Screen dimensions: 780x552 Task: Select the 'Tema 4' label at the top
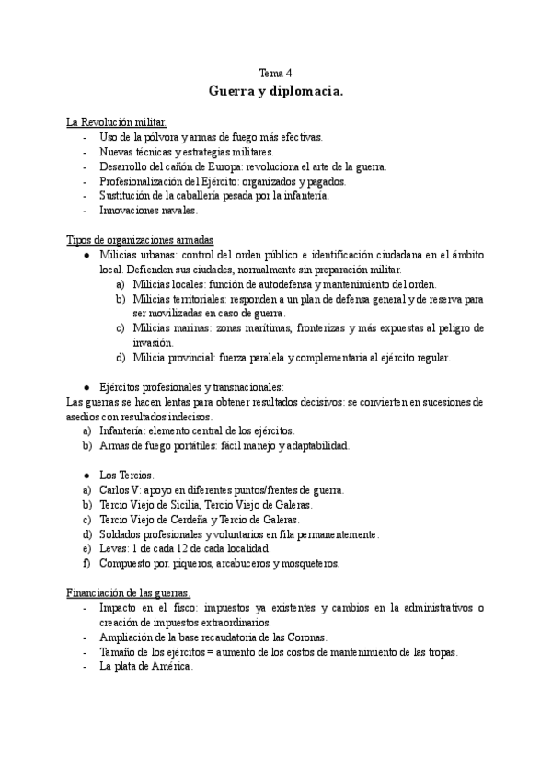[x=277, y=73]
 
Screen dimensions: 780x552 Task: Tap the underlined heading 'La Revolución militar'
[x=116, y=122]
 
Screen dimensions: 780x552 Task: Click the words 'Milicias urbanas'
[x=137, y=254]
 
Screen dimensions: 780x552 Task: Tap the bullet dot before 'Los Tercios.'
[x=86, y=475]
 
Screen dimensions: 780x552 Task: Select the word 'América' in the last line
[x=169, y=667]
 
